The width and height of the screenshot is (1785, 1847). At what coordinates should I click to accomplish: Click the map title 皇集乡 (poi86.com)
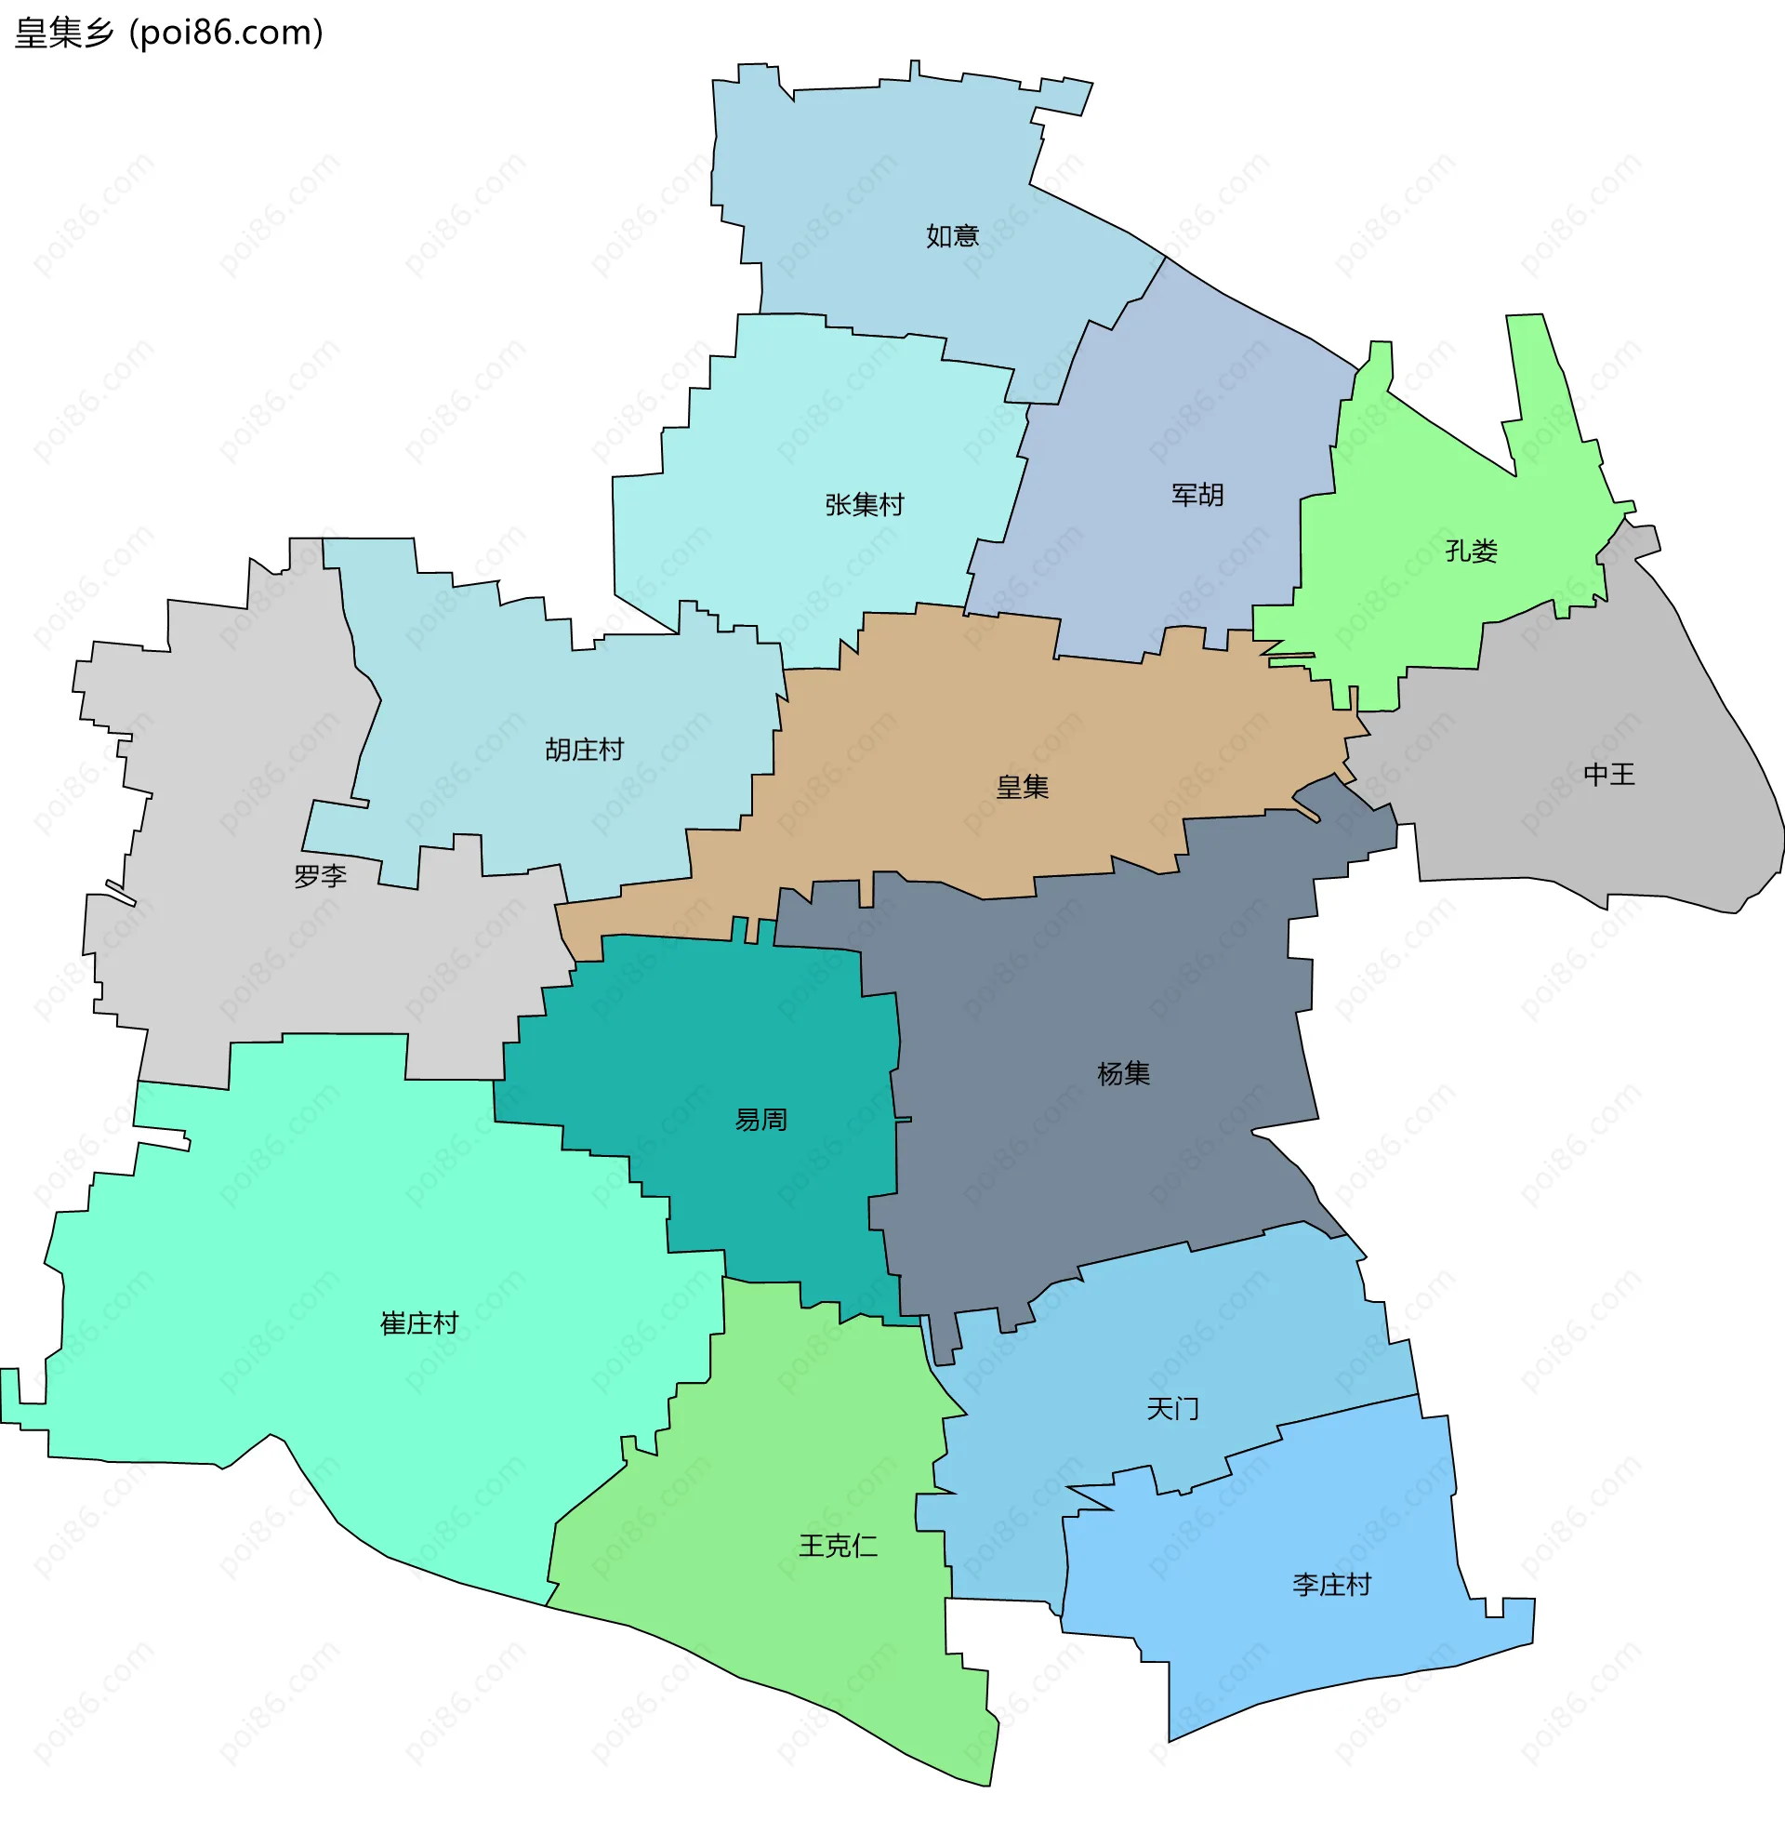[169, 33]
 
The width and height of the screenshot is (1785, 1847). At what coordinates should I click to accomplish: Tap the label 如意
[952, 235]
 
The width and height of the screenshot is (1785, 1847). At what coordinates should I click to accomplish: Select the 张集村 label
[864, 505]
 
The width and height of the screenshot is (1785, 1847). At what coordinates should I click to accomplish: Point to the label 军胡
[1197, 495]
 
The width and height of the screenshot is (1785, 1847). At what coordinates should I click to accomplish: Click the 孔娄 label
[1471, 551]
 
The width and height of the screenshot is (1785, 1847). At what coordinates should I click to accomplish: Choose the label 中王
[1609, 775]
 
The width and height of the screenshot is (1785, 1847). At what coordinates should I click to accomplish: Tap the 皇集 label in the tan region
[1022, 787]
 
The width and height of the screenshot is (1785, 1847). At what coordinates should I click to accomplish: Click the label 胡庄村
[584, 751]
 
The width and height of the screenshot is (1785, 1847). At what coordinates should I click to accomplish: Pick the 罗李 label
[320, 876]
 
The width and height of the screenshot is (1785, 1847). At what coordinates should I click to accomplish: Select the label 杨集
[1123, 1073]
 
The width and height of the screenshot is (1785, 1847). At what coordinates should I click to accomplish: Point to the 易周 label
[760, 1120]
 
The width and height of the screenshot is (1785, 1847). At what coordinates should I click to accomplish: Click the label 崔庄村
[419, 1324]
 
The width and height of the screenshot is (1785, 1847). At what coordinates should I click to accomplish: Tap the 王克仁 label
[838, 1546]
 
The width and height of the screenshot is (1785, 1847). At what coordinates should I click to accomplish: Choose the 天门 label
[1171, 1409]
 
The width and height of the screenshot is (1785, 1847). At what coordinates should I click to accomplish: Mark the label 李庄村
[1331, 1585]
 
